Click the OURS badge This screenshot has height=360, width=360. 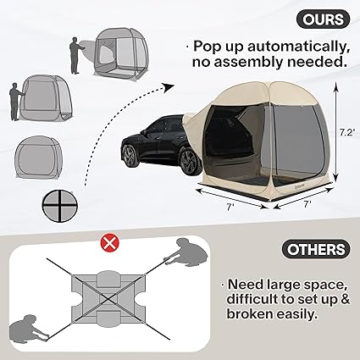[x=323, y=19]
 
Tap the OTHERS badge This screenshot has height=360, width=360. [x=316, y=249]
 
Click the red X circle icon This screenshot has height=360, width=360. [x=110, y=243]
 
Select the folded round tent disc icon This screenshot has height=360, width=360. [x=60, y=204]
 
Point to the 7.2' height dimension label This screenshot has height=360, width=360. [x=346, y=132]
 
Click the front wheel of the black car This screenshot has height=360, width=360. [x=130, y=156]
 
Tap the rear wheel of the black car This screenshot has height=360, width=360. [x=189, y=162]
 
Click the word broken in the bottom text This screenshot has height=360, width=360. [x=250, y=313]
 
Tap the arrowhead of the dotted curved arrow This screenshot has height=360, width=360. [x=168, y=86]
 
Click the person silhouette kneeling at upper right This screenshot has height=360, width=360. [x=186, y=252]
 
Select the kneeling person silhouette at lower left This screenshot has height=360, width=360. [x=29, y=329]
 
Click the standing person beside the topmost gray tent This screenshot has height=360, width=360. [x=76, y=56]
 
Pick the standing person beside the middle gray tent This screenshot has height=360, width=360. [x=15, y=102]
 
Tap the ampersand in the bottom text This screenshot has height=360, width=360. [x=345, y=299]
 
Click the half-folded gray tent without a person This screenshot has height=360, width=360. [x=38, y=157]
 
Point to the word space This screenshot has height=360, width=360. [x=324, y=285]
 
